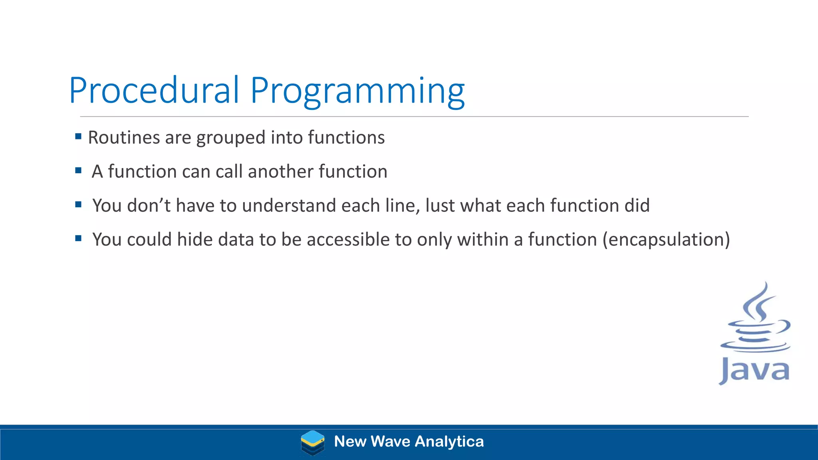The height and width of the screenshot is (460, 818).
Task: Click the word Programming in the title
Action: pyautogui.click(x=357, y=92)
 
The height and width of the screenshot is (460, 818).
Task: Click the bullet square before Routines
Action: pyautogui.click(x=78, y=137)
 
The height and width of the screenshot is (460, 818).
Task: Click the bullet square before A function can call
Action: pyautogui.click(x=78, y=171)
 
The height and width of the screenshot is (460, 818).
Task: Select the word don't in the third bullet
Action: pyautogui.click(x=149, y=205)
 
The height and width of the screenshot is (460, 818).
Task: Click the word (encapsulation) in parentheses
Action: pyautogui.click(x=666, y=240)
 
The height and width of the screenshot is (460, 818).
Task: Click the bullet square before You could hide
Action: pyautogui.click(x=78, y=239)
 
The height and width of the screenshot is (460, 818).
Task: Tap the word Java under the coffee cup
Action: pyautogui.click(x=754, y=371)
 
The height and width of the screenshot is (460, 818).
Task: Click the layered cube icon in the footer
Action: pyautogui.click(x=312, y=442)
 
